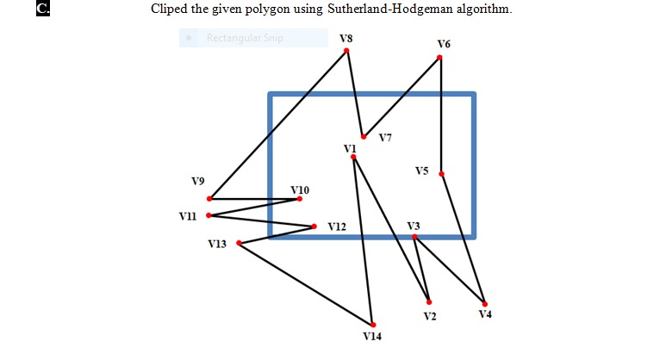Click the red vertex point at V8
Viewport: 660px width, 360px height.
346,51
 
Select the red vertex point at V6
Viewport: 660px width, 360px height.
439,58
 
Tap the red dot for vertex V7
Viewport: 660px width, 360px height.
364,137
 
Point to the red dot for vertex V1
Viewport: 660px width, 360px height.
354,157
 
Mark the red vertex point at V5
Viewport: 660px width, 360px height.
441,174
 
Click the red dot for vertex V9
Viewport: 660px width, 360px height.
210,199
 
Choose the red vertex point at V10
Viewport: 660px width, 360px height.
300,199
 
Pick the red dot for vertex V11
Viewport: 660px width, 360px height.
209,215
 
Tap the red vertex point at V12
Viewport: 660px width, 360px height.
314,227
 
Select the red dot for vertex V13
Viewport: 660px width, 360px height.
239,243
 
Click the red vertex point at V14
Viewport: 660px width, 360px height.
373,324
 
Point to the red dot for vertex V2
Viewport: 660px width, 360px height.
429,301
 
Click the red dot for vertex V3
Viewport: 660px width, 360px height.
414,236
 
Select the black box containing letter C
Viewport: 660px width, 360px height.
42,10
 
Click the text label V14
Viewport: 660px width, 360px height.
371,336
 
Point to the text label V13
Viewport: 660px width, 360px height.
217,245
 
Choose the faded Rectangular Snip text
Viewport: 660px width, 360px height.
245,38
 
